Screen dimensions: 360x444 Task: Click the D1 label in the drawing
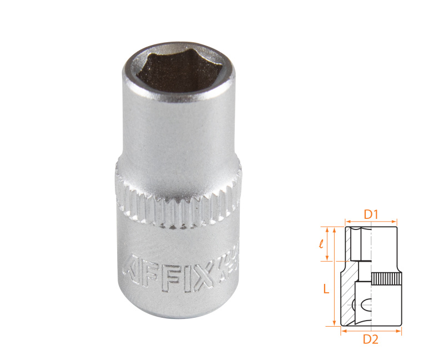[371, 213]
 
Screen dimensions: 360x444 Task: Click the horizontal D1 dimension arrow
[371, 221]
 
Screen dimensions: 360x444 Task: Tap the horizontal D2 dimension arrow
[371, 331]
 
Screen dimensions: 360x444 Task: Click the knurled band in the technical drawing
[386, 279]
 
